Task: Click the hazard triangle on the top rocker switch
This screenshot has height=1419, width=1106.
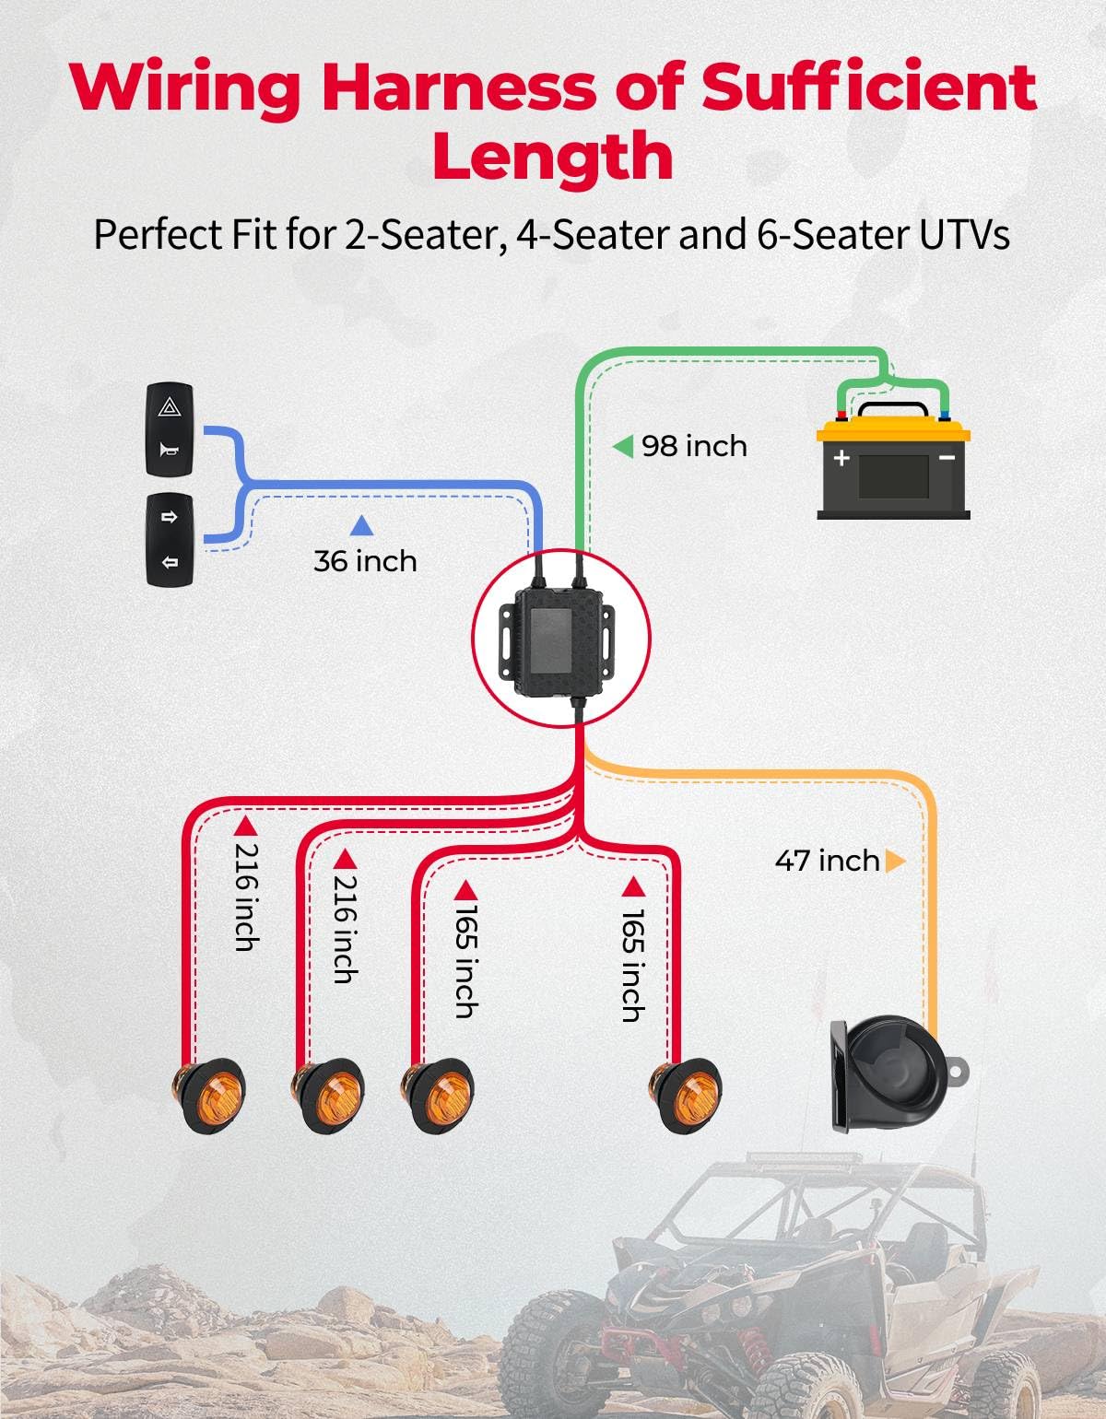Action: (170, 407)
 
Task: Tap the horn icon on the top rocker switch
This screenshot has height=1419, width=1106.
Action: (170, 451)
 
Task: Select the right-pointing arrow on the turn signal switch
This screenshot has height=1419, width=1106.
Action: (170, 517)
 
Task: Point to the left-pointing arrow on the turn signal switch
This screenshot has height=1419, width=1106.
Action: (170, 562)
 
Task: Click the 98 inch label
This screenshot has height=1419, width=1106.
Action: (693, 447)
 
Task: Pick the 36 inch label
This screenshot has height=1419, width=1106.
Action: (365, 561)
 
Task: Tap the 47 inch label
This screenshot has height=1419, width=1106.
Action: (827, 861)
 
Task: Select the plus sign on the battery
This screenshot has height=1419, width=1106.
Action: (841, 457)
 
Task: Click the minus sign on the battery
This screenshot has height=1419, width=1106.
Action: (947, 457)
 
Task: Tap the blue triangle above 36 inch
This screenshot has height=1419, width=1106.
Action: (361, 526)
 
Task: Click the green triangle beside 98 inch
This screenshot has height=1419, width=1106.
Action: (623, 447)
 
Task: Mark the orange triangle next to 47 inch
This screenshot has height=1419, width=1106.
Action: (895, 861)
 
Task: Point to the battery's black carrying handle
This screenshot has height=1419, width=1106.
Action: (893, 411)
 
